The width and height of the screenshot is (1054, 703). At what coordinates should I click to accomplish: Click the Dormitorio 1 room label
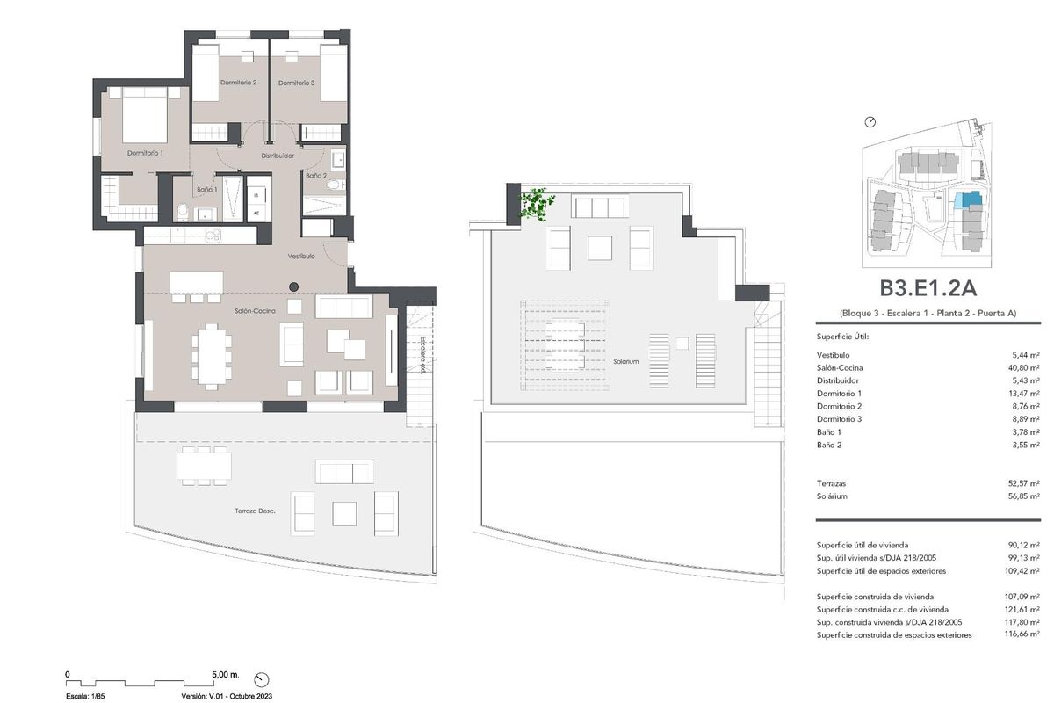point(145,153)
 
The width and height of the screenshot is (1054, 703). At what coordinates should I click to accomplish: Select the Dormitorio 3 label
point(296,83)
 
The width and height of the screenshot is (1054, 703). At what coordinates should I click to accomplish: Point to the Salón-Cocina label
point(255,311)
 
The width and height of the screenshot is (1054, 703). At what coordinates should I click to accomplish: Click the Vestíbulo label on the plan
point(302,256)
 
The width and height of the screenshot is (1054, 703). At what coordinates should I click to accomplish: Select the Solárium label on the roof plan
point(626,361)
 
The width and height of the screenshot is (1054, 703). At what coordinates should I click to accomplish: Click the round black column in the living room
point(295,286)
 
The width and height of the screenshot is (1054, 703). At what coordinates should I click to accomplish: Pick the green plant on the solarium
point(535,205)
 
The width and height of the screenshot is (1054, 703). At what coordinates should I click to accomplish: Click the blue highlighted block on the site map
point(969,200)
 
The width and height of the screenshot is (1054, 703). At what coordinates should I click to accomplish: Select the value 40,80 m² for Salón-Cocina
point(1025,367)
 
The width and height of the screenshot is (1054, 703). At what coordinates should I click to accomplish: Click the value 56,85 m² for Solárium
point(1025,496)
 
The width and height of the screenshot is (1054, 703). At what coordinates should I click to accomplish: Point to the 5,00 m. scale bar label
point(225,675)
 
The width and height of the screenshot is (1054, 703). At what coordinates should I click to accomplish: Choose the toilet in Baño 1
point(181,211)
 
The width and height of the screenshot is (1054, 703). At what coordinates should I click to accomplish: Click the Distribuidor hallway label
point(277,156)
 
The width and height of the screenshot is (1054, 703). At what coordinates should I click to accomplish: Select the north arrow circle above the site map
point(870,122)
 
